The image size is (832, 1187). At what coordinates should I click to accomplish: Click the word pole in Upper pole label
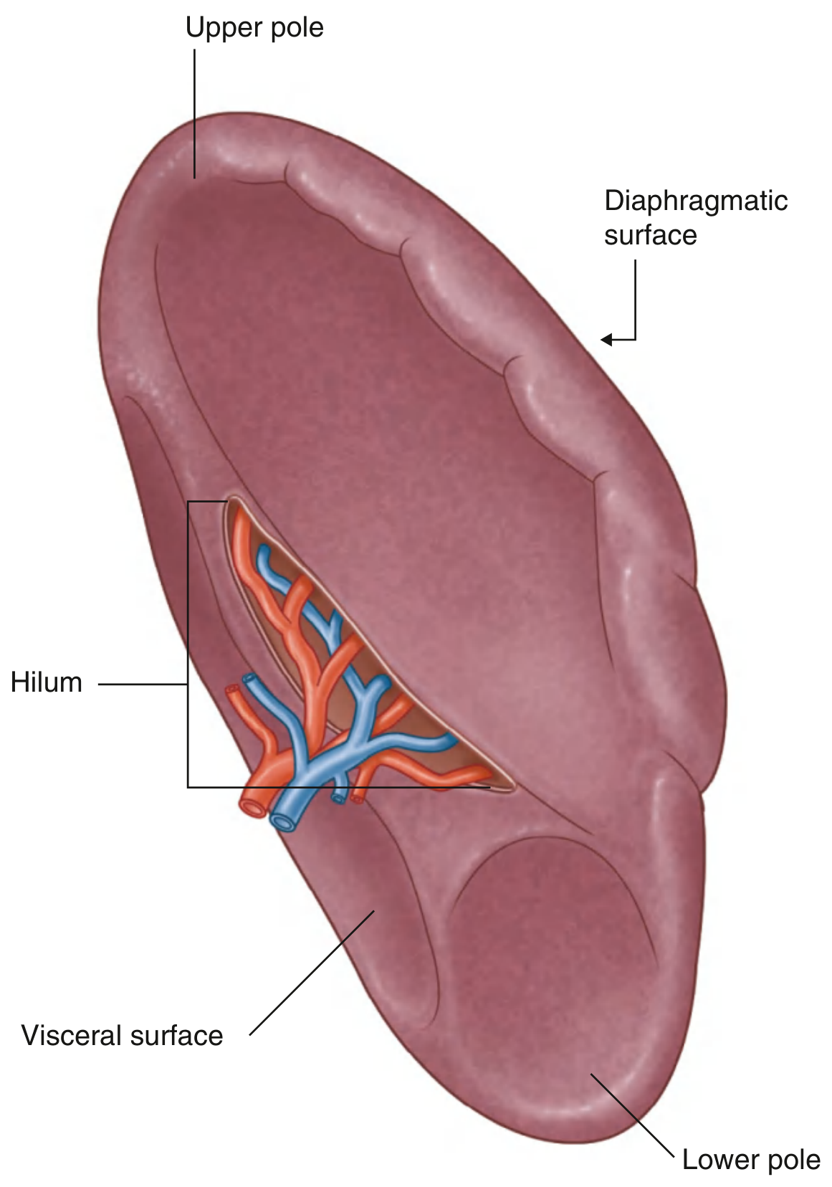297,27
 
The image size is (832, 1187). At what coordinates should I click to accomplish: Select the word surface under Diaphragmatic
650,235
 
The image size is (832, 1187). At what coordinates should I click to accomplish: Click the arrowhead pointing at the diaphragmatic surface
607,339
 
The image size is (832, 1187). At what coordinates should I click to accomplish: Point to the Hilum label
47,683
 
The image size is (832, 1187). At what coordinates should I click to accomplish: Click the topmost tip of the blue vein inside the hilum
264,548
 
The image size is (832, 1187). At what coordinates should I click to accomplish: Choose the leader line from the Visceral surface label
312,973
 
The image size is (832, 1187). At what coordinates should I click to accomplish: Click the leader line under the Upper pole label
194,114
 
